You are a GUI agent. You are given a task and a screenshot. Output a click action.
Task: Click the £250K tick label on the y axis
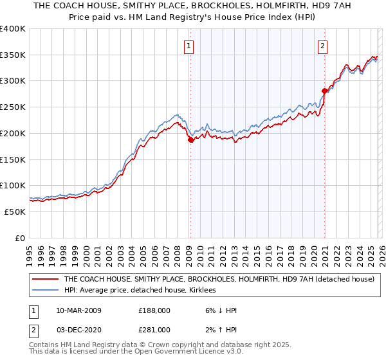coord(13,107)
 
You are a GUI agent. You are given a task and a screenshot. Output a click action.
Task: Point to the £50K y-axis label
coord(15,212)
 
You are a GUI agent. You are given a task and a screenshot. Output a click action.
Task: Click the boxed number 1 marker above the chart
coord(189,46)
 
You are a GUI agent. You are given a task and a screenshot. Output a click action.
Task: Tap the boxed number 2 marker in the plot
coord(322,46)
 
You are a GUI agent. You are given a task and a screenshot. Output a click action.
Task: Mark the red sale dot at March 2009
coord(190,139)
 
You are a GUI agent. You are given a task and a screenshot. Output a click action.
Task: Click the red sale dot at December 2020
coord(324,91)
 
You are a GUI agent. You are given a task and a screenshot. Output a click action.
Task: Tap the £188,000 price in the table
coord(154,310)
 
